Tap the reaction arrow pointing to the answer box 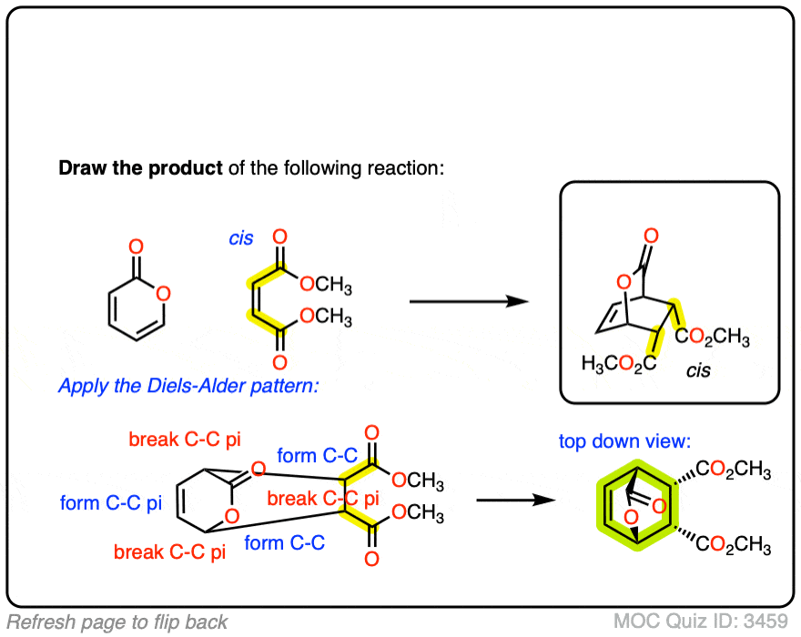[x=469, y=301]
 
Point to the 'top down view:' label [x=625, y=441]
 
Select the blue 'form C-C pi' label [x=105, y=502]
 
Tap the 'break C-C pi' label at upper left [x=185, y=440]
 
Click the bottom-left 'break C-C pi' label [x=169, y=551]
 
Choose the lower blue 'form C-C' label [x=285, y=543]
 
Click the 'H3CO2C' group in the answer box [x=620, y=364]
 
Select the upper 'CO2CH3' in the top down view [x=734, y=471]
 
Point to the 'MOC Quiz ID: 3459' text [x=700, y=622]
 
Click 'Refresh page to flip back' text [x=116, y=622]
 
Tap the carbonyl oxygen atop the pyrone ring [x=136, y=247]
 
